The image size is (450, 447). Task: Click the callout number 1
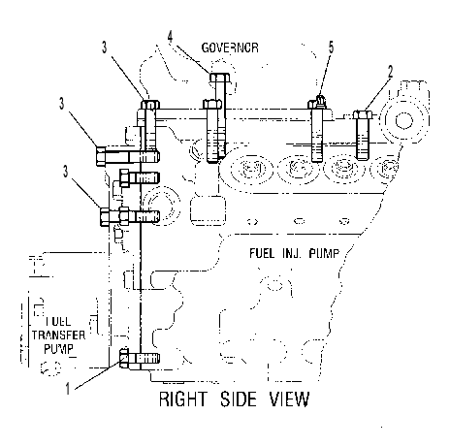point(68,388)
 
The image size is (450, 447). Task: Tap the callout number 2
point(391,72)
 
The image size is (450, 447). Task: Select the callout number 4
point(171,37)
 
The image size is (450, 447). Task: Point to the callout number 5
point(331,48)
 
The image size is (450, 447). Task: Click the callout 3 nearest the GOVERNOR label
point(104,48)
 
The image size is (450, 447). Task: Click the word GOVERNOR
point(230,48)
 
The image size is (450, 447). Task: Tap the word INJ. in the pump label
point(292,253)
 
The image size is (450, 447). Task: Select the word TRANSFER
point(58,335)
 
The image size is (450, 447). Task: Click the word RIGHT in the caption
point(182,399)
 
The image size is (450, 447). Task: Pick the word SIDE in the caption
point(239,399)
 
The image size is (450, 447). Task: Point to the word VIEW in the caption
point(290,399)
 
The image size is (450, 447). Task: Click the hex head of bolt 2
point(363,114)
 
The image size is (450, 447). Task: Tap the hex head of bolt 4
point(220,78)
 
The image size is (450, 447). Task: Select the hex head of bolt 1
point(124,358)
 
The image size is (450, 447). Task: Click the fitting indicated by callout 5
point(320,100)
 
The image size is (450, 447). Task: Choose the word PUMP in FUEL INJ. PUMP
point(324,253)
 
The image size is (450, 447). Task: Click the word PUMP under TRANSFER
point(58,349)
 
